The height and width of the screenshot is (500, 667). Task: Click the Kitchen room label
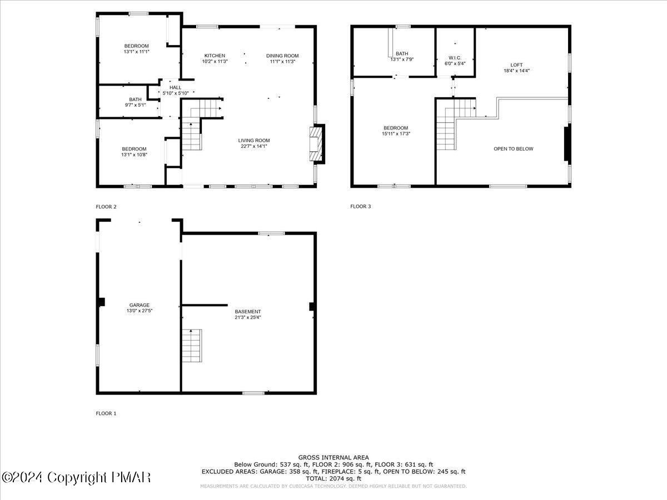pos(215,56)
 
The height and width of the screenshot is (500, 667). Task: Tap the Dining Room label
pos(282,56)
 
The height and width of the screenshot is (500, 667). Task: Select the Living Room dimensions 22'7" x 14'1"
pos(254,146)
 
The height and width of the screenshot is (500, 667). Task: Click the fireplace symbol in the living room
pos(316,144)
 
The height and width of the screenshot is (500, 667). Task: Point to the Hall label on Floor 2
pos(175,87)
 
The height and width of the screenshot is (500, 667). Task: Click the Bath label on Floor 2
pos(136,99)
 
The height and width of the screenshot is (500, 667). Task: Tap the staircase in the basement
pos(191,345)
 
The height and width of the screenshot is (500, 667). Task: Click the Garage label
pos(140,305)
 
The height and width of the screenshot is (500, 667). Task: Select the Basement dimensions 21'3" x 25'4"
pos(248,318)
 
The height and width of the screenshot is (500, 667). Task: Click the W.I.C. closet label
pos(455,58)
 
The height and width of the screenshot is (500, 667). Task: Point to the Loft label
pos(516,65)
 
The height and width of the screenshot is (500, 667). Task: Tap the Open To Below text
pos(513,149)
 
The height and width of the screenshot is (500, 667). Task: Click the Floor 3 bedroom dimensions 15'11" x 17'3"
pos(395,134)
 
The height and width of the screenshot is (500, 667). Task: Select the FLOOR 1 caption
pos(106,413)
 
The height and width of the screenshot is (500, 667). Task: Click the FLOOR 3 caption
pos(360,207)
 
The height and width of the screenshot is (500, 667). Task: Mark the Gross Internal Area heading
pos(333,458)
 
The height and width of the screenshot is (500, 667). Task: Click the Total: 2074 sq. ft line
pos(333,478)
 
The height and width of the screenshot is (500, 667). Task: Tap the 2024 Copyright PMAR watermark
pos(76,477)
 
